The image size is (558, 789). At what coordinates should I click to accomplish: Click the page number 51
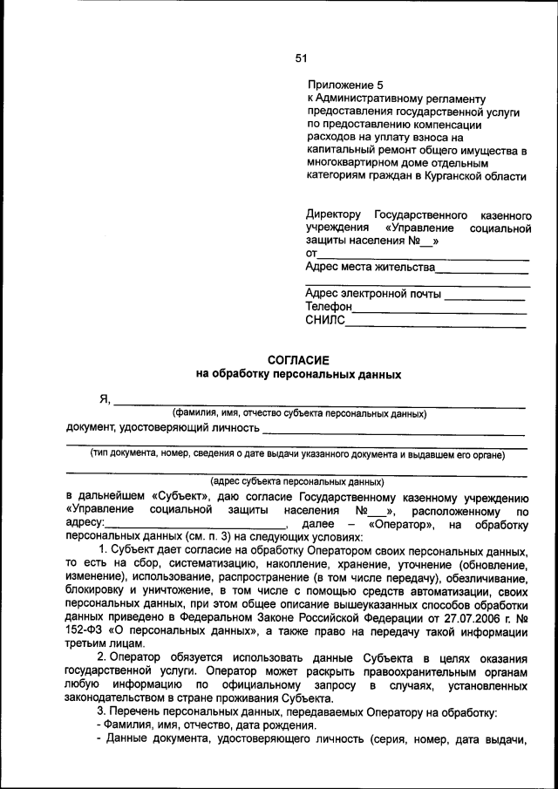point(301,58)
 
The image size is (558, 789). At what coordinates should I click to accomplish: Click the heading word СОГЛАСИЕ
point(298,359)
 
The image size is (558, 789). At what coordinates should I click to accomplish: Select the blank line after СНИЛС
point(436,326)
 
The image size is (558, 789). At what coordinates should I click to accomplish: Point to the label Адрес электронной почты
point(373,294)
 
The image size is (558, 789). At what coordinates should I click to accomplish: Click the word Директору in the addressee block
point(333,214)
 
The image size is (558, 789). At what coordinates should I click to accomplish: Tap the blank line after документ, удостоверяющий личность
point(393,433)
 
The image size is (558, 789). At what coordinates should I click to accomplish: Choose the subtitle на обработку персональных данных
point(298,374)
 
